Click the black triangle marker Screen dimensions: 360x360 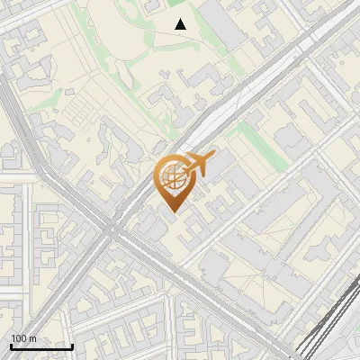[x=181, y=23]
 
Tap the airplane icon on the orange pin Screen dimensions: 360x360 [x=198, y=164]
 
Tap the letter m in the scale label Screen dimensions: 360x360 [x=32, y=338]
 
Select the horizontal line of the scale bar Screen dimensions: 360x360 [x=41, y=346]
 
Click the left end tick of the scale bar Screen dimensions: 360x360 [x=11, y=345]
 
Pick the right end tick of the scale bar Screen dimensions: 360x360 [x=73, y=345]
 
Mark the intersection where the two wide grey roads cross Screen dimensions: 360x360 [x=111, y=229]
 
